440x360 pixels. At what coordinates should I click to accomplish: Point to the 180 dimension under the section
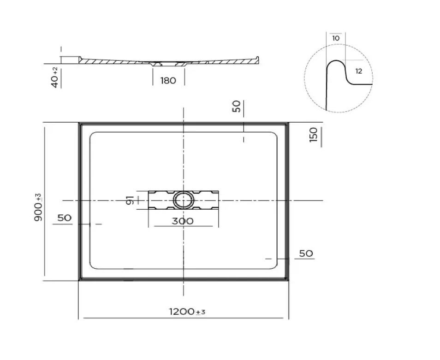point(168,81)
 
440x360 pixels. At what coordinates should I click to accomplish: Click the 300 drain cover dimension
point(183,221)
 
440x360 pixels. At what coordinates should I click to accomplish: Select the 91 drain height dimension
point(131,200)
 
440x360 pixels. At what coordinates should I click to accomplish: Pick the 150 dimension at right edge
point(314,135)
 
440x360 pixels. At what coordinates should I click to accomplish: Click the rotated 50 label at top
point(236,107)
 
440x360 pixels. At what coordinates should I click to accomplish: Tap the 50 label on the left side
point(65,218)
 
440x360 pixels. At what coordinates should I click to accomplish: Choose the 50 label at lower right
point(306,253)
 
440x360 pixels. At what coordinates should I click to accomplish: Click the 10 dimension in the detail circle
point(335,38)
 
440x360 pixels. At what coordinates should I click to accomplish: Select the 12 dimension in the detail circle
point(359,71)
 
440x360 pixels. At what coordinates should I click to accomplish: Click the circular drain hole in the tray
point(184,201)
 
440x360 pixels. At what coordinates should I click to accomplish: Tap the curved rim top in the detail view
point(336,62)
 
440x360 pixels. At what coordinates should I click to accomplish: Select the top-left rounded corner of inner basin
point(93,136)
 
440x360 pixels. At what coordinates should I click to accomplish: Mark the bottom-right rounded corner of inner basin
point(275,266)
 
